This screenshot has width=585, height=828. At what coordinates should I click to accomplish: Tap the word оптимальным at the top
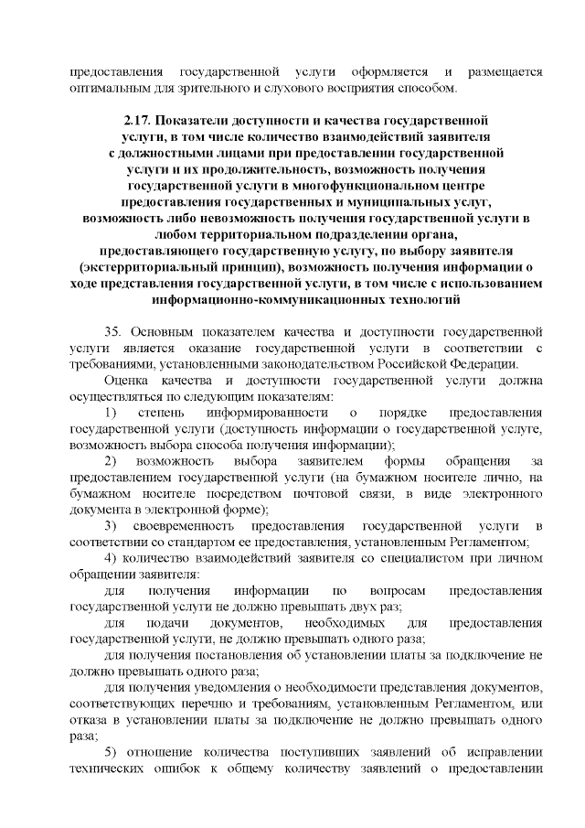click(x=106, y=88)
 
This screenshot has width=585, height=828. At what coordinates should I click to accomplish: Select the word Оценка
click(x=126, y=381)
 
